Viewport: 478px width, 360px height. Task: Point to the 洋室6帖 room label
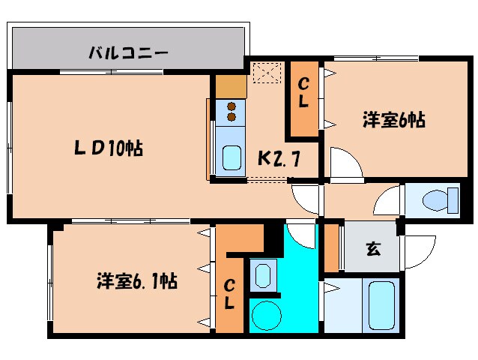394,119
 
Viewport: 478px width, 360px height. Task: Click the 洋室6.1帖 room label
136,281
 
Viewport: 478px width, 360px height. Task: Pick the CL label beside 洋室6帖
303,96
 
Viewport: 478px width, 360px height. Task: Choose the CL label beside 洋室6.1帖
230,294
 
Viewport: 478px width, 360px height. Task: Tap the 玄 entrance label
372,249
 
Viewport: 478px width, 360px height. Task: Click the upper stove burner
232,106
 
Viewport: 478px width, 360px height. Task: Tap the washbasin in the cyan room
262,274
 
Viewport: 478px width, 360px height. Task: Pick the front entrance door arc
419,247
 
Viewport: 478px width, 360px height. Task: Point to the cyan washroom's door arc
301,232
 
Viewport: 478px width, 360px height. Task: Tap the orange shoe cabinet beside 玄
331,247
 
